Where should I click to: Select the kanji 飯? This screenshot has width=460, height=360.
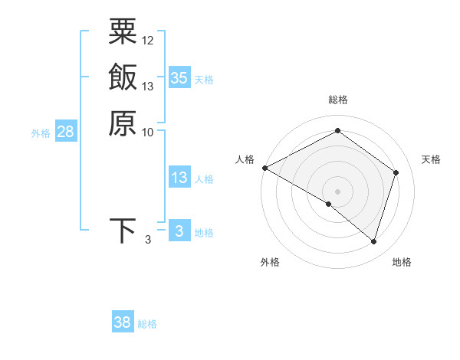point(123,77)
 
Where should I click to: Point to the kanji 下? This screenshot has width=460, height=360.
point(123,231)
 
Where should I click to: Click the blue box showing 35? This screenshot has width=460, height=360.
point(179,77)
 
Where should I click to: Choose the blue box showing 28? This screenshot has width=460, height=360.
point(65,132)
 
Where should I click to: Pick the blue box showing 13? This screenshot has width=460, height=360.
point(179,178)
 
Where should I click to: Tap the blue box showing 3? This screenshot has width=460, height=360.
point(179,231)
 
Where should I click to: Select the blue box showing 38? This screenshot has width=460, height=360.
point(123,322)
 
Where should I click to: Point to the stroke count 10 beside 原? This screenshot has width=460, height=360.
point(148,132)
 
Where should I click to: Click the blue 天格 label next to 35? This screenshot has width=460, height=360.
point(204,79)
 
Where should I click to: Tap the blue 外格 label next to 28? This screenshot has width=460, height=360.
point(41,133)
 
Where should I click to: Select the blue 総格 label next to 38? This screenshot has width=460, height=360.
point(147,324)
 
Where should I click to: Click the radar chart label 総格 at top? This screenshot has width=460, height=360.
point(338,100)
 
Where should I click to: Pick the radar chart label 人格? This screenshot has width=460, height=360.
point(245,159)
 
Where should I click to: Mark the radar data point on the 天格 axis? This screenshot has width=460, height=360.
point(396,172)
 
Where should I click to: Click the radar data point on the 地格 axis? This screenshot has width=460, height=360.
point(373,241)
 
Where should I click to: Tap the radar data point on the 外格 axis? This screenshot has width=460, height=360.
point(329,204)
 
